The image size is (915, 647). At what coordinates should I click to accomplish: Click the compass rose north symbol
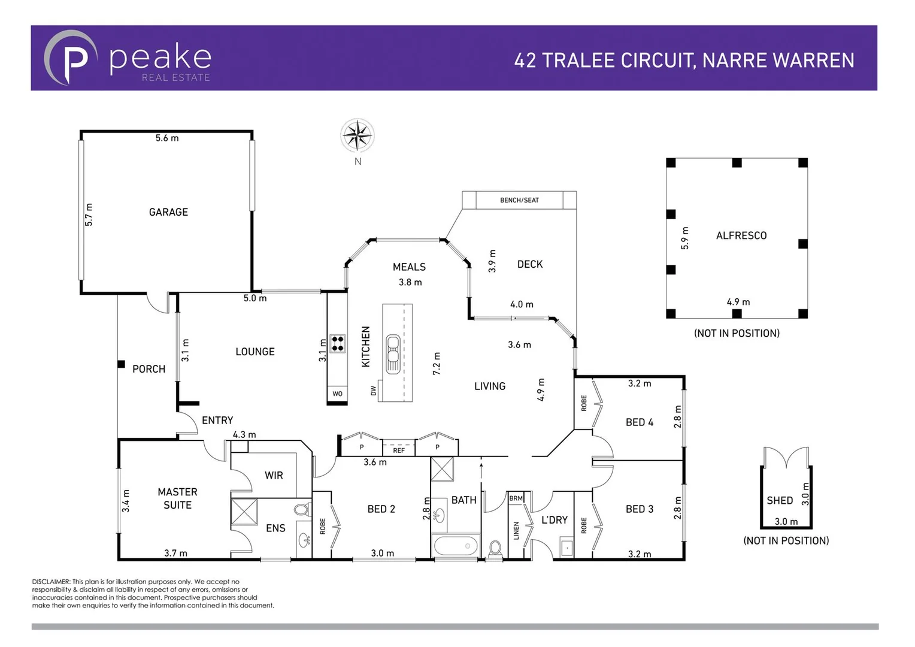tap(357, 136)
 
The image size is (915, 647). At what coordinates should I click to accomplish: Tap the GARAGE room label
tap(168, 212)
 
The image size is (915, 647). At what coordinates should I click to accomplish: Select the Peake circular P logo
tap(70, 58)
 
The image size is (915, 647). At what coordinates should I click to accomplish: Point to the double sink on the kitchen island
tap(393, 353)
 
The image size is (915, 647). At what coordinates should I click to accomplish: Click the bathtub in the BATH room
tap(456, 546)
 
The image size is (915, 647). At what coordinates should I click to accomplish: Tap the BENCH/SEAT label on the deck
tap(519, 200)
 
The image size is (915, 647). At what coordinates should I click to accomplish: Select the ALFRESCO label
tap(741, 236)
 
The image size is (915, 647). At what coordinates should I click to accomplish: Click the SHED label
tap(779, 500)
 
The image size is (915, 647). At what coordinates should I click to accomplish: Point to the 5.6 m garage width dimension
tap(167, 138)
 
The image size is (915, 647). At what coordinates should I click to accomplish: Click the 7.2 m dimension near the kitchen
tap(437, 364)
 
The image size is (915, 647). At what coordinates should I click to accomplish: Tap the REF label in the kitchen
tap(399, 450)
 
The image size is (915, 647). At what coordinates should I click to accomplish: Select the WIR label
tap(274, 475)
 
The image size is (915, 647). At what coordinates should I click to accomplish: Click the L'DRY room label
tap(554, 520)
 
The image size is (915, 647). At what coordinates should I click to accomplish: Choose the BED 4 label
tap(639, 422)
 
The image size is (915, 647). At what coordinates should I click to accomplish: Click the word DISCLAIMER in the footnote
tap(51, 582)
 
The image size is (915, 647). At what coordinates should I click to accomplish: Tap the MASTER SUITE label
tap(177, 498)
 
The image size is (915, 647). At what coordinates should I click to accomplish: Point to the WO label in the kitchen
tap(337, 394)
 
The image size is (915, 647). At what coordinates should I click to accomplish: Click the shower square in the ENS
tap(244, 512)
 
